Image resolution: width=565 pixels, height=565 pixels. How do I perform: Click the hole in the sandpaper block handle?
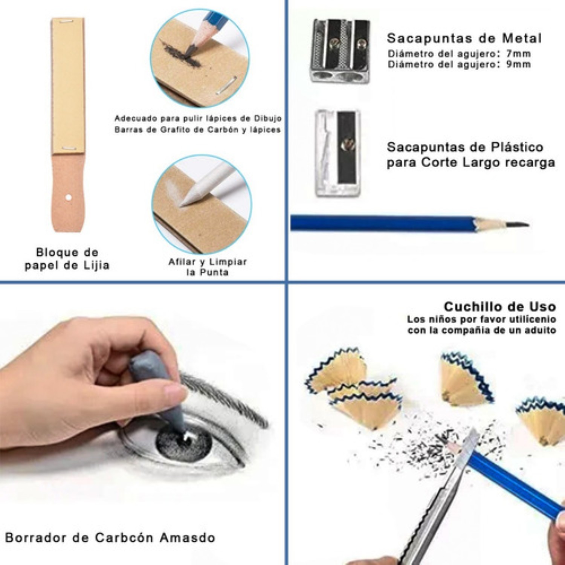click(x=68, y=197)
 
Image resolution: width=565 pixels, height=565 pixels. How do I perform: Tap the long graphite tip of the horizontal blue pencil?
click(x=518, y=225)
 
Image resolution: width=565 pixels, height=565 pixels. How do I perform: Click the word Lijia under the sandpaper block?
click(x=96, y=265)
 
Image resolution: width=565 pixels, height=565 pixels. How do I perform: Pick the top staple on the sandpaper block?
click(x=66, y=21)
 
